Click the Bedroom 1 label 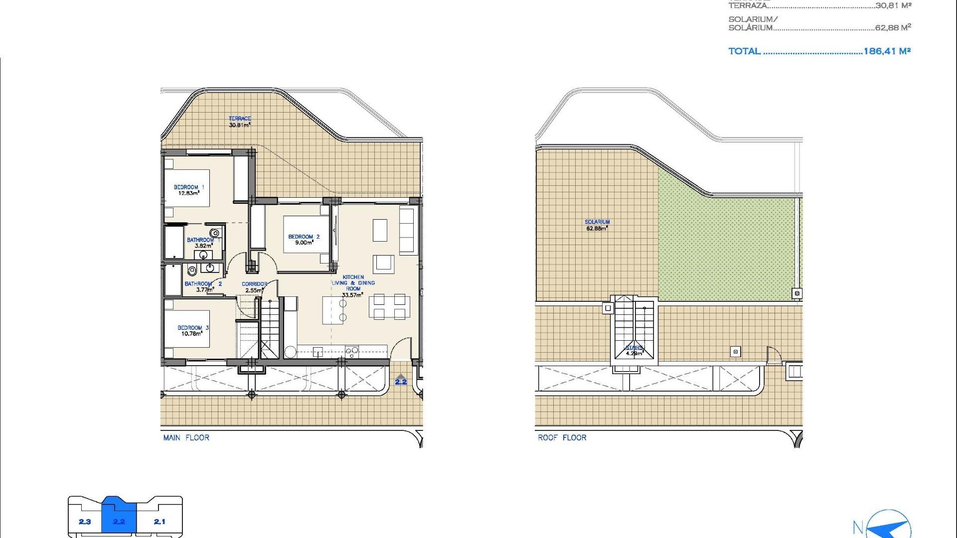(188, 187)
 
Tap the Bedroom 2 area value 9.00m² (304, 243)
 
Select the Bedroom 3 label (193, 328)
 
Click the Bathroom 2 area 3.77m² (205, 289)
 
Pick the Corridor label (254, 284)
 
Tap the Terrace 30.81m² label (240, 122)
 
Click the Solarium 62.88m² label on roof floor (597, 225)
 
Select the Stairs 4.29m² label (635, 351)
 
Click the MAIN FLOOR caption (186, 437)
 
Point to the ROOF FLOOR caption (562, 437)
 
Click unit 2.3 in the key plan (85, 522)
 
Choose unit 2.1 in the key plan (159, 522)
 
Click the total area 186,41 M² (887, 51)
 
